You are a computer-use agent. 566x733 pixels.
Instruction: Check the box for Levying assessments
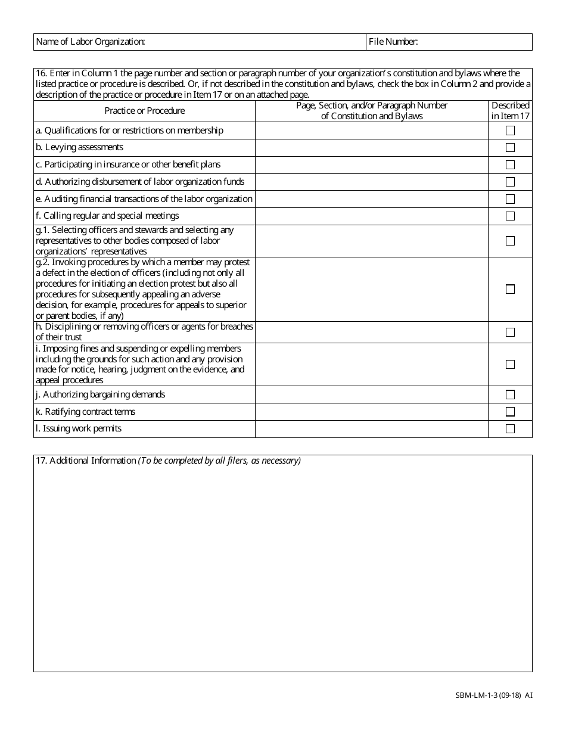pos(510,148)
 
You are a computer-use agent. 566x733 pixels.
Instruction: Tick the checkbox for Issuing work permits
pos(510,429)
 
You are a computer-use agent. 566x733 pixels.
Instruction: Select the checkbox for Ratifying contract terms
pos(510,412)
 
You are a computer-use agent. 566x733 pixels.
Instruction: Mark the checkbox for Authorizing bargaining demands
pos(510,395)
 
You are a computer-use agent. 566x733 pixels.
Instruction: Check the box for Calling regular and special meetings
pos(510,216)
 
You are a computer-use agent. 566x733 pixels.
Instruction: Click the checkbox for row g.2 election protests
pos(510,289)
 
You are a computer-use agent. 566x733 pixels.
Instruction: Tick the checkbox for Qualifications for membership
pos(510,131)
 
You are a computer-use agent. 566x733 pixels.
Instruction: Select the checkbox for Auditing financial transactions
pos(510,199)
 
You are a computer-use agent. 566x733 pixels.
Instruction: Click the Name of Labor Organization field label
pos(91,42)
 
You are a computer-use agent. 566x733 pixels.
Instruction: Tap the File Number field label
pos(393,42)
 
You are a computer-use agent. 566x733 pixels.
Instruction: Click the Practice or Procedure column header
pos(145,111)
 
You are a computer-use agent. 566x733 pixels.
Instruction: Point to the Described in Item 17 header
pos(510,111)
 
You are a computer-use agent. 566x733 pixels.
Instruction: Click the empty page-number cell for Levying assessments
pos(372,148)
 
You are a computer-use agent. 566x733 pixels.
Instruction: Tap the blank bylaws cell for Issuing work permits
pos(372,429)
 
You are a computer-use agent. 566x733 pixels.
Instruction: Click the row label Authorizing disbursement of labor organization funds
pos(144,182)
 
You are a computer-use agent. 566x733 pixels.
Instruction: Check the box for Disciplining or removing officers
pos(510,332)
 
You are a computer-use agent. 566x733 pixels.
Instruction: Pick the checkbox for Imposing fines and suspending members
pos(510,364)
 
